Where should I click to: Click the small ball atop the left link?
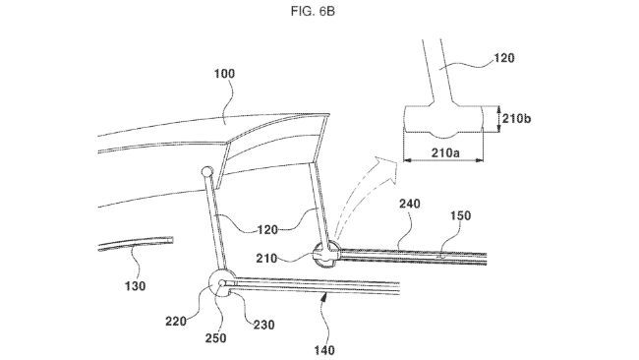click(x=206, y=173)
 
